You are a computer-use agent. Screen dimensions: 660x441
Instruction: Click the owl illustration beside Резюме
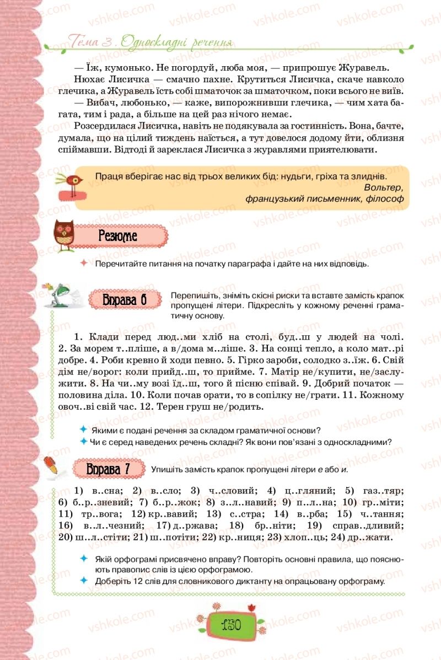coord(64,235)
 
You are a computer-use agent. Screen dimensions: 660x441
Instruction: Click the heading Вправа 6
coord(125,301)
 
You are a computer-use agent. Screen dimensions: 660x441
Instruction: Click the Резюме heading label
coord(117,236)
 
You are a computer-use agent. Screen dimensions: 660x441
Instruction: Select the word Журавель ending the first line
coord(368,68)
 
